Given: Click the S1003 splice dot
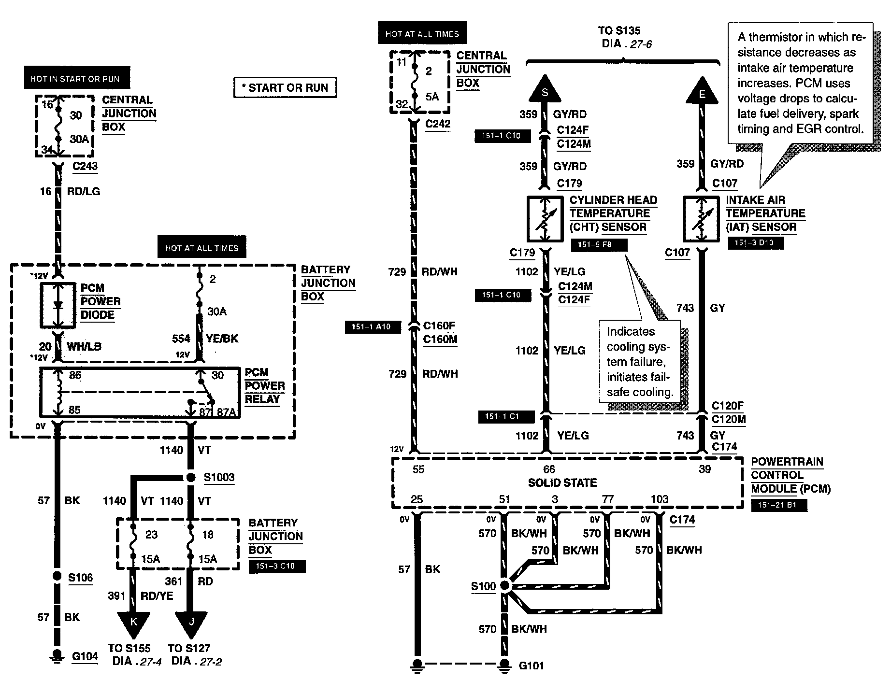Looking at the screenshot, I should [191, 478].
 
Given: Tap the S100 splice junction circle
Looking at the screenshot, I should [504, 586].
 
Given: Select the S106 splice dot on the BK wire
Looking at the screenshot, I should [57, 576].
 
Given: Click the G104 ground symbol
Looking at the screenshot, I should [57, 657].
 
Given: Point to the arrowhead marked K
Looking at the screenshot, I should [134, 623].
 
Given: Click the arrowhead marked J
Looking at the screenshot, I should [191, 623].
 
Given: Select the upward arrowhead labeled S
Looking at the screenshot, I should [545, 90].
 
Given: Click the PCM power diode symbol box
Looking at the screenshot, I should [57, 305].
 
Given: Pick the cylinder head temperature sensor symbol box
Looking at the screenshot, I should [545, 219].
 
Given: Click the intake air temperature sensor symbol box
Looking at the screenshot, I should [702, 219].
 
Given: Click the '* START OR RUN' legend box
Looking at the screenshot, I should [285, 88].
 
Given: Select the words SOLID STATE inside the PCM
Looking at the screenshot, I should [562, 482].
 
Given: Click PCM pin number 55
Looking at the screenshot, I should [418, 469].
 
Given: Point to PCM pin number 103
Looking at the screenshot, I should [660, 499].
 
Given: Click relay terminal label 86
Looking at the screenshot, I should [75, 375].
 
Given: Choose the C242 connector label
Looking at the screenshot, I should [438, 124].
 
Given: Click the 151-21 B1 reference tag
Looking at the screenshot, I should [778, 506].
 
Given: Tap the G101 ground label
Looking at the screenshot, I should [532, 666].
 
